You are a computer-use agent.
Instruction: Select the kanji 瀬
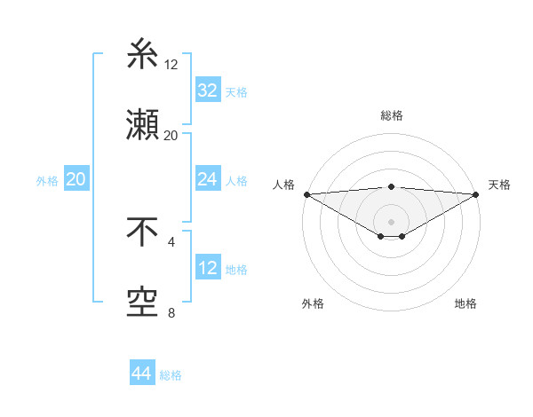[142, 125]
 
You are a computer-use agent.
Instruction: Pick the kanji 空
[142, 303]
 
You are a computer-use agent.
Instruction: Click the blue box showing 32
[207, 90]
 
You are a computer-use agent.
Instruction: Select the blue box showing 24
[207, 179]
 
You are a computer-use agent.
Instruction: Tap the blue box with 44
[141, 374]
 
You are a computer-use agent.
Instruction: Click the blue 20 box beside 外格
[76, 179]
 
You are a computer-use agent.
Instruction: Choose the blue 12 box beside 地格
[207, 268]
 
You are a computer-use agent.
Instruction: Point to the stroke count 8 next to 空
[171, 312]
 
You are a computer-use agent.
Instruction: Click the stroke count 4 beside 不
[171, 241]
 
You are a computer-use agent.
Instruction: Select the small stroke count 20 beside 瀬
[171, 135]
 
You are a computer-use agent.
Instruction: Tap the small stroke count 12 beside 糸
[171, 64]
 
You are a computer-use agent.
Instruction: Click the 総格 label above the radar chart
[391, 115]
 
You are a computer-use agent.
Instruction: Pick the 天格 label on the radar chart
[499, 185]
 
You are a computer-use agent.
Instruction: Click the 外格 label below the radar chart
[313, 303]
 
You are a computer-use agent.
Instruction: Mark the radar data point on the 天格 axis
[476, 193]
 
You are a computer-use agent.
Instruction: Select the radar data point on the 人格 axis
[306, 193]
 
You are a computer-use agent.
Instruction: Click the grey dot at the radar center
[391, 221]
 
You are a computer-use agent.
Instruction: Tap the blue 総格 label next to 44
[171, 375]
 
